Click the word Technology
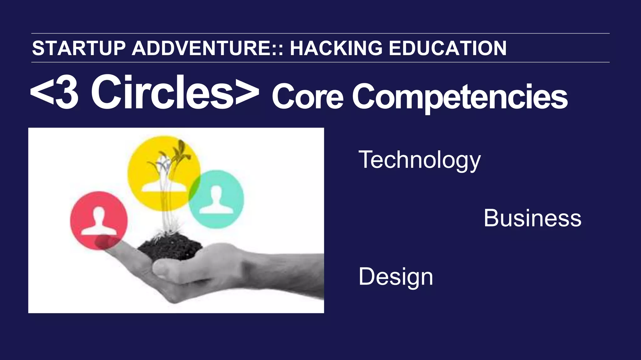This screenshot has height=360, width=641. click(x=419, y=160)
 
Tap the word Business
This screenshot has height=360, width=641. click(x=532, y=218)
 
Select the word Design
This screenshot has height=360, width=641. click(x=396, y=276)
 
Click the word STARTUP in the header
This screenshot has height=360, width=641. click(x=79, y=48)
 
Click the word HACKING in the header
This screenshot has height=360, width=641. click(x=336, y=48)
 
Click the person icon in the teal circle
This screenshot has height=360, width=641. click(x=216, y=199)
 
